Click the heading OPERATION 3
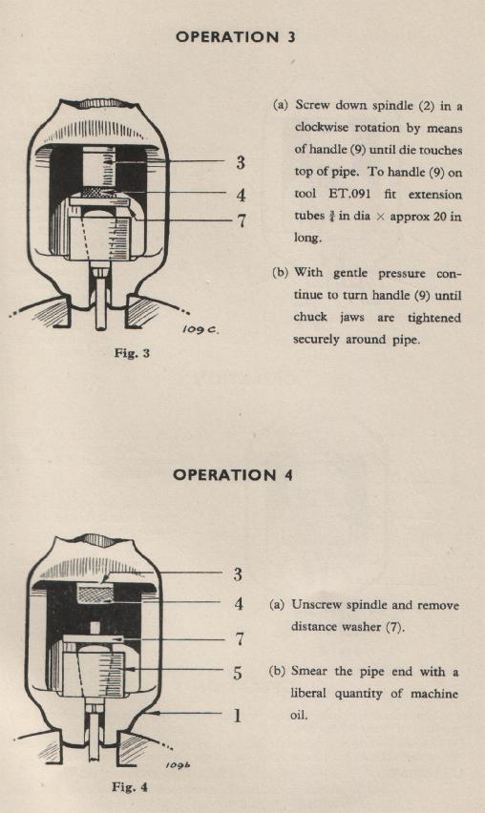(236, 37)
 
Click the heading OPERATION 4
(233, 475)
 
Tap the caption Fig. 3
(132, 354)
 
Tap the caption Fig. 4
(130, 787)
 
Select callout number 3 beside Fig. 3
(241, 162)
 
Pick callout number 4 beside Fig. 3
(241, 195)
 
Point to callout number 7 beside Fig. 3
(242, 221)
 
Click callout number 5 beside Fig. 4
(238, 673)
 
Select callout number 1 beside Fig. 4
(237, 716)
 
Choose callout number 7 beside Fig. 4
(239, 639)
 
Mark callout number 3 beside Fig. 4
(238, 574)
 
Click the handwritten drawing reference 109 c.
(200, 329)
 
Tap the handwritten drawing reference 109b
(178, 765)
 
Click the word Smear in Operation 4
(309, 671)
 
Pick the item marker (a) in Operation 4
(277, 605)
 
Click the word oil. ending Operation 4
(299, 716)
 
